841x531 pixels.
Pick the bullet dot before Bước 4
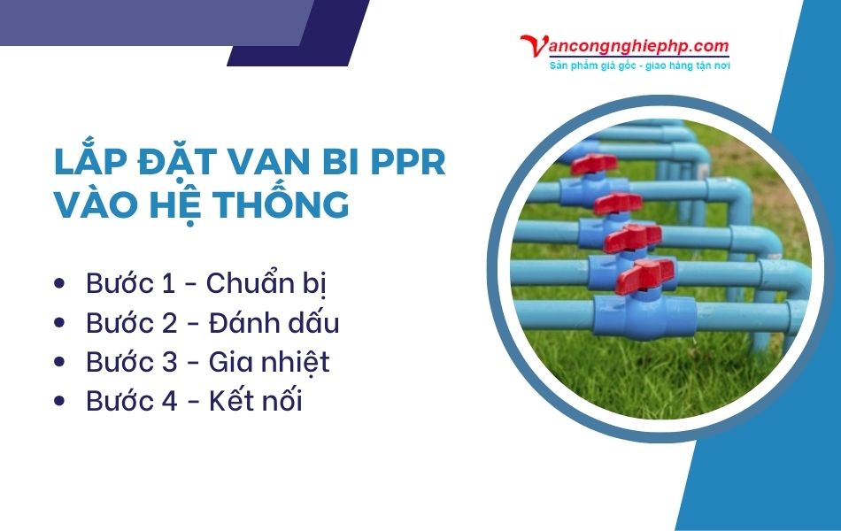pyautogui.click(x=59, y=401)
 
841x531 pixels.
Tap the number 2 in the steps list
pyautogui.click(x=171, y=323)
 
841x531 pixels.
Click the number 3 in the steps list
pyautogui.click(x=171, y=362)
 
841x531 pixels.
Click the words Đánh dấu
pyautogui.click(x=274, y=323)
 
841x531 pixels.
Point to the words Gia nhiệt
pyautogui.click(x=269, y=362)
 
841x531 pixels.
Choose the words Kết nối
pyautogui.click(x=256, y=401)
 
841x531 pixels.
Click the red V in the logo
pyautogui.click(x=533, y=47)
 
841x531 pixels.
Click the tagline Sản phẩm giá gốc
pyautogui.click(x=602, y=65)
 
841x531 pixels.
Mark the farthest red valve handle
pyautogui.click(x=593, y=164)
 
